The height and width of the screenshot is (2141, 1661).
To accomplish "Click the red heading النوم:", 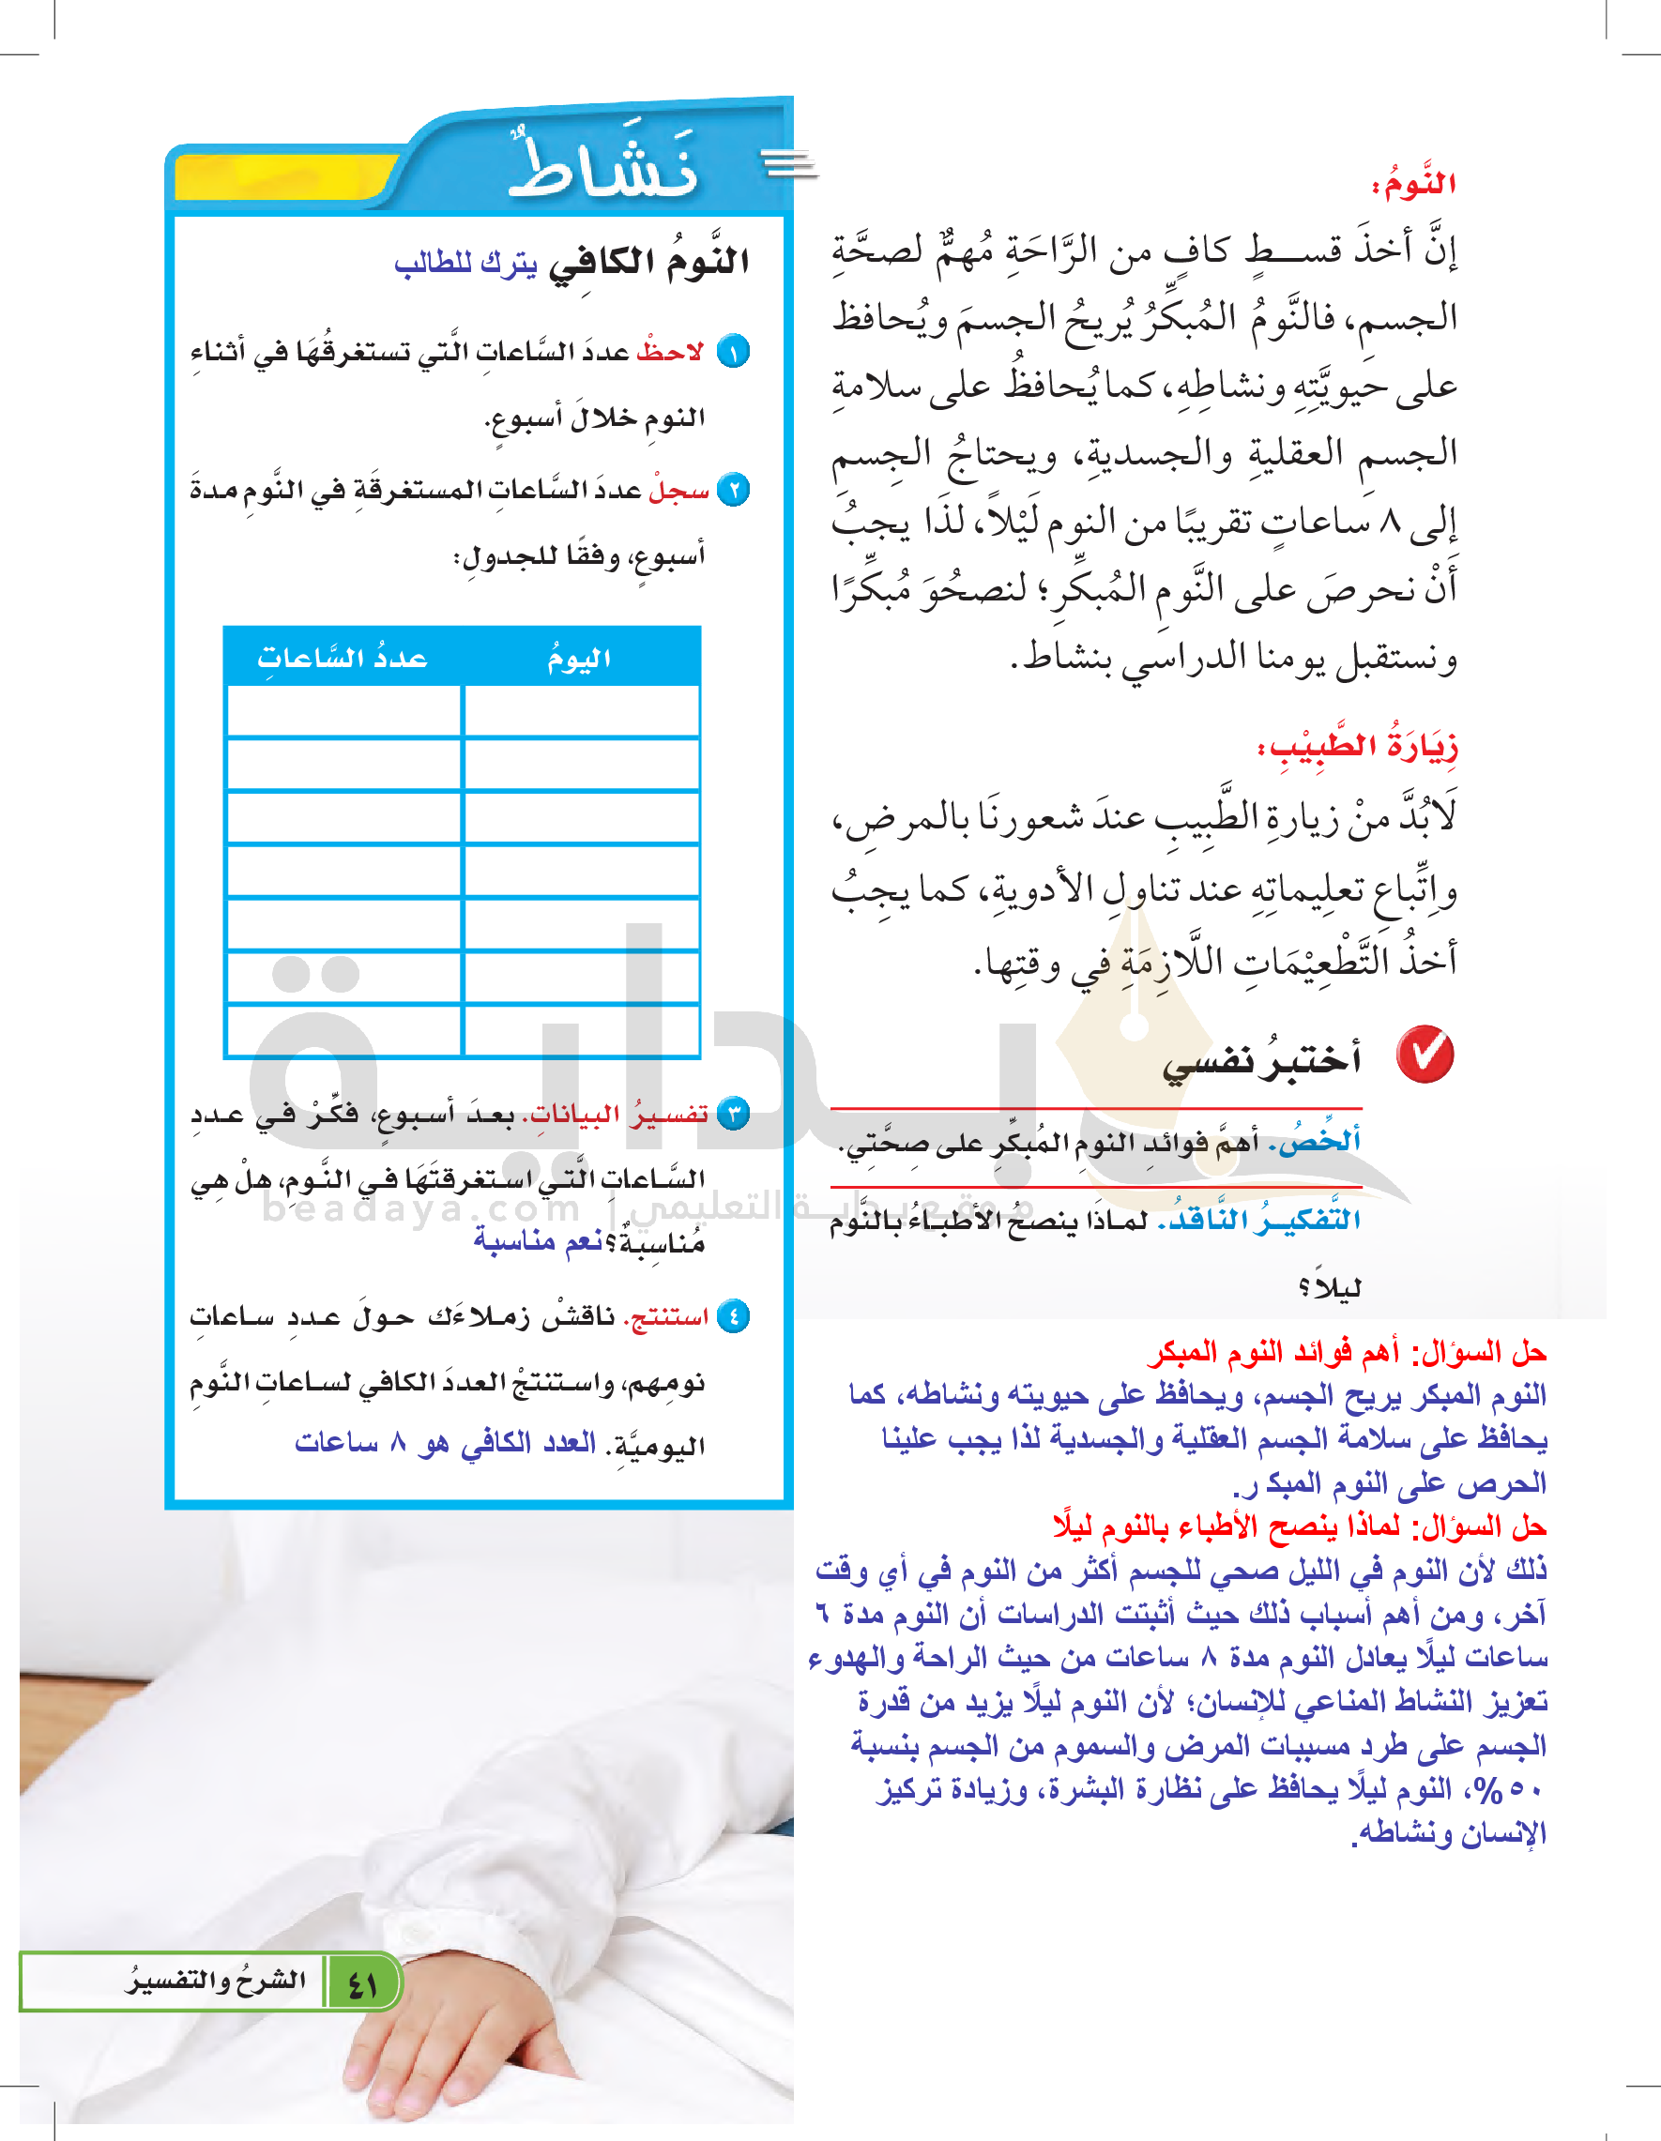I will pyautogui.click(x=1413, y=184).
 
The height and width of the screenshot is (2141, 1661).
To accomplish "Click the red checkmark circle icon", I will pyautogui.click(x=1425, y=1055).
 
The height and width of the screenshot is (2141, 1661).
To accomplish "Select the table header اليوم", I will pyautogui.click(x=580, y=659).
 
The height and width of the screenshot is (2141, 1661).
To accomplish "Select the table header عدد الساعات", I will pyautogui.click(x=343, y=658).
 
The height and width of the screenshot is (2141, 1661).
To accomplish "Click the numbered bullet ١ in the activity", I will pyautogui.click(x=733, y=352).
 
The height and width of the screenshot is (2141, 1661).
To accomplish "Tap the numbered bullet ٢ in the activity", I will pyautogui.click(x=733, y=489).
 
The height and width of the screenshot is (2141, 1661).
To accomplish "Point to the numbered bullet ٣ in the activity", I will pyautogui.click(x=733, y=1114).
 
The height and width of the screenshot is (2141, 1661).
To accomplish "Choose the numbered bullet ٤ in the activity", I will pyautogui.click(x=733, y=1315).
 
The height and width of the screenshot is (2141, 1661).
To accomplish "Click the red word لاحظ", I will pyautogui.click(x=671, y=352).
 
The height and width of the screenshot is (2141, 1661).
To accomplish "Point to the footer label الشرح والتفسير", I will pyautogui.click(x=216, y=1980).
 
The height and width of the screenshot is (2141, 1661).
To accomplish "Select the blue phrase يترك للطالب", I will pyautogui.click(x=465, y=264).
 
